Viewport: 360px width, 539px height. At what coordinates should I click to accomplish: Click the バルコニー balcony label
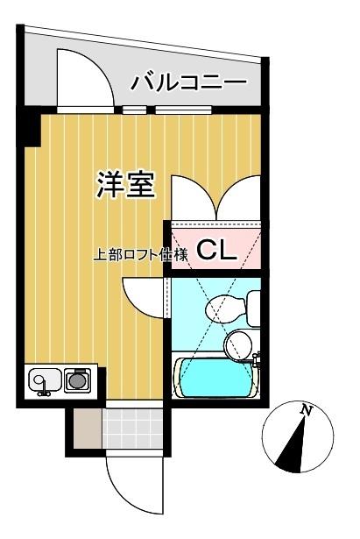[188, 83]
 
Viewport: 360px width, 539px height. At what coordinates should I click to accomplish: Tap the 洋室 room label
[125, 185]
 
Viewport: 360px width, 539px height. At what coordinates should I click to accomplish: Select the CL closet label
[215, 251]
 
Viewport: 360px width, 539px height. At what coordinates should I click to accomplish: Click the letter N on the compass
[306, 410]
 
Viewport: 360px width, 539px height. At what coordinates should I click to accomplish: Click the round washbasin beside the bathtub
[237, 344]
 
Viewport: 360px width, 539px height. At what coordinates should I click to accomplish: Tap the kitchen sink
[44, 380]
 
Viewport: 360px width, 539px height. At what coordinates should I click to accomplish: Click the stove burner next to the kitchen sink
[78, 380]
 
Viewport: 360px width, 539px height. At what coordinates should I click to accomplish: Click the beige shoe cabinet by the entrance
[85, 429]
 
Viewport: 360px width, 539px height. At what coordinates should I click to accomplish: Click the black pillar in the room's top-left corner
[32, 130]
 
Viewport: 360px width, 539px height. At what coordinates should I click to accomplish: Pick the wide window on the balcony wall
[183, 110]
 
